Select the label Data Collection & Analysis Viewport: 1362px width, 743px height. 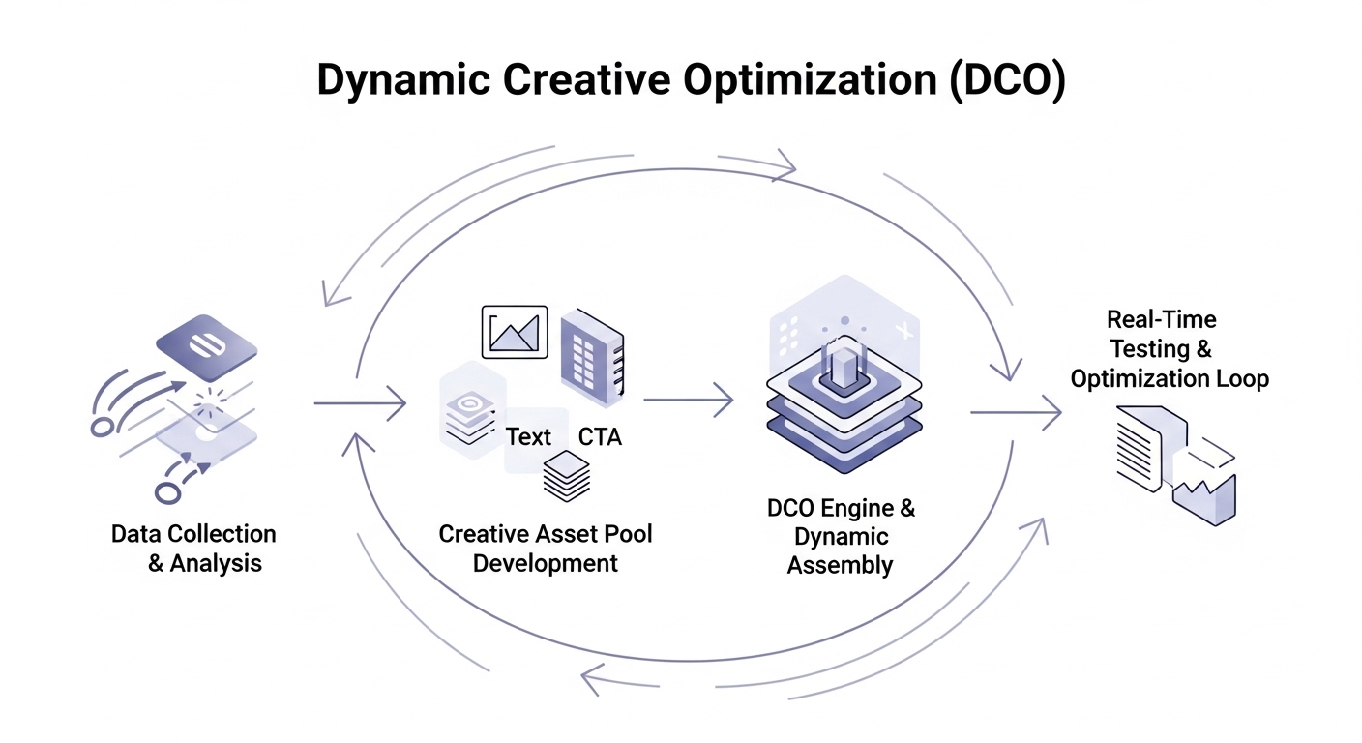click(x=194, y=549)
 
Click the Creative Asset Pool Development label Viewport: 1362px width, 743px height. click(x=546, y=549)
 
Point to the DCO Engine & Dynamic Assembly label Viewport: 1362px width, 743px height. click(x=841, y=536)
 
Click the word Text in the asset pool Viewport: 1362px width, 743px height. click(x=529, y=437)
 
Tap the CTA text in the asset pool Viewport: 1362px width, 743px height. click(x=600, y=437)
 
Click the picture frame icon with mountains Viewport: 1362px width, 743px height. click(x=515, y=332)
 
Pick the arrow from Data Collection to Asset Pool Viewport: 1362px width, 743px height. click(x=360, y=402)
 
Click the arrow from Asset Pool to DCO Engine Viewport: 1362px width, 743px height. click(x=688, y=399)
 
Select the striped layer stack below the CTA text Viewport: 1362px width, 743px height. click(x=567, y=477)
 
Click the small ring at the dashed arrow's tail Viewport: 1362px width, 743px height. click(x=167, y=492)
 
